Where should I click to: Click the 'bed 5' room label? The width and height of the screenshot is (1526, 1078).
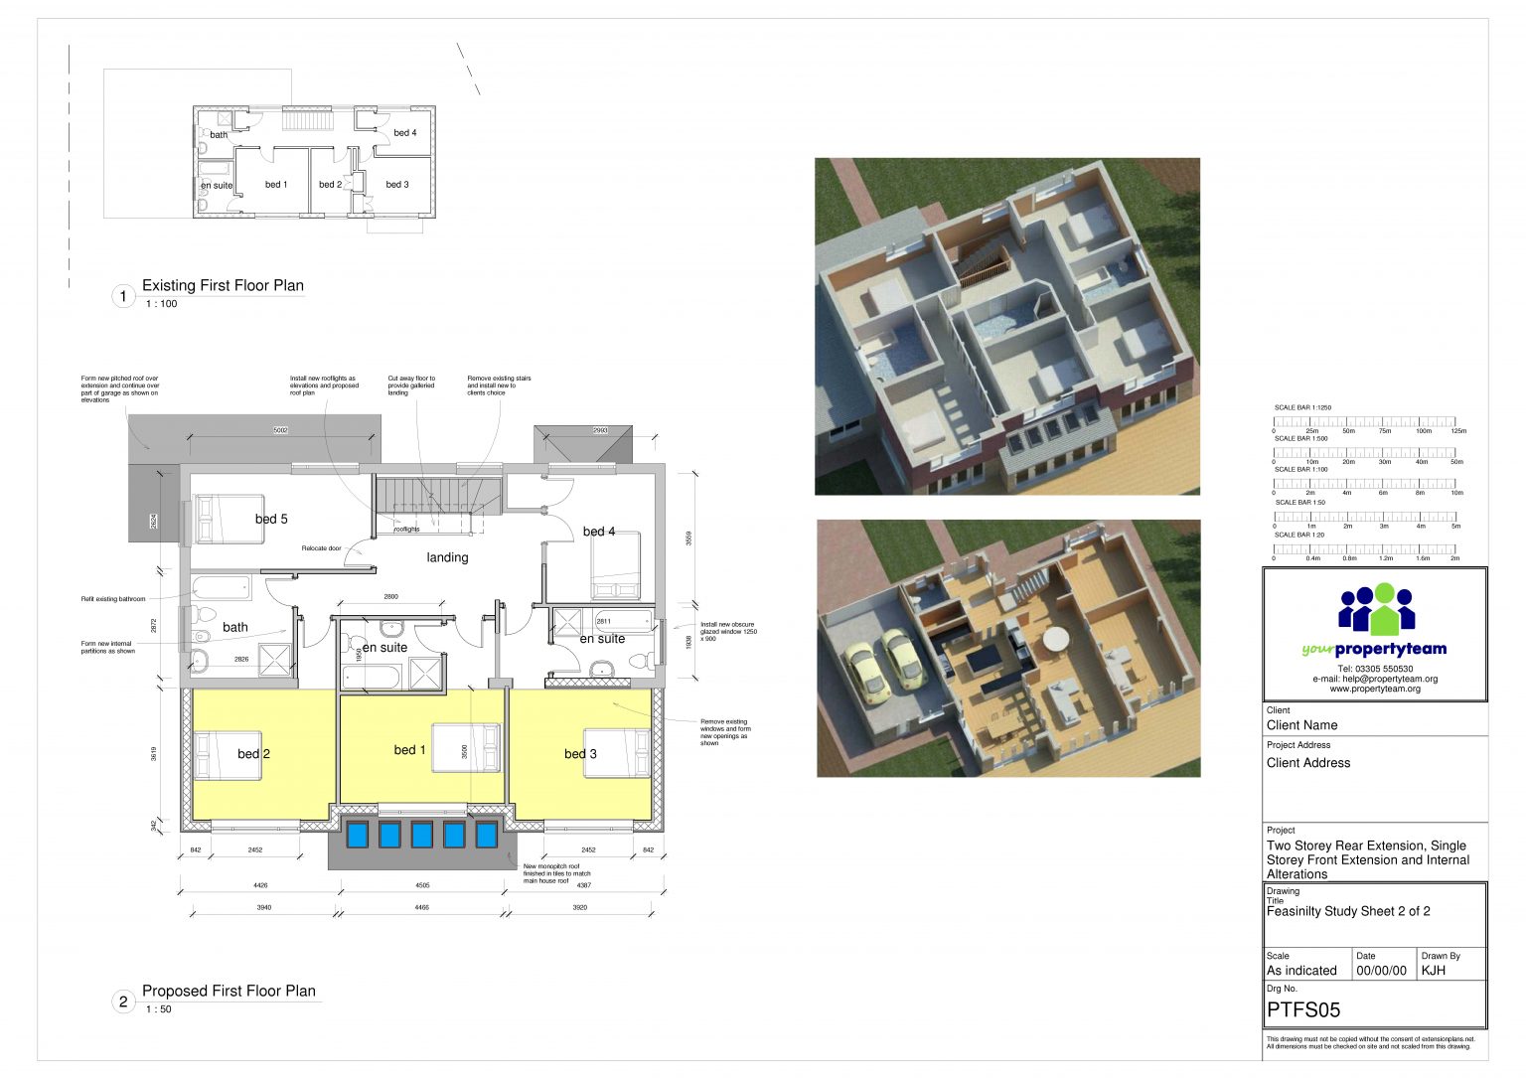coord(271,519)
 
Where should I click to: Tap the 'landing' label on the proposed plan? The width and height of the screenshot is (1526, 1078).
coord(447,557)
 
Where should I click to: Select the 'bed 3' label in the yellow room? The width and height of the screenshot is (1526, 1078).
coord(580,754)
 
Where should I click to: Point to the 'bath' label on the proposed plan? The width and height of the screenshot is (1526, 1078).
coord(235,627)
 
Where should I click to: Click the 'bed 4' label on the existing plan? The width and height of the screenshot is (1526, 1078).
coord(404,133)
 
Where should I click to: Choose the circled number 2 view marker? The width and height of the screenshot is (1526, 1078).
coord(123,1001)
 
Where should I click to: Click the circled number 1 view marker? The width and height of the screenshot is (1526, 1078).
coord(123,296)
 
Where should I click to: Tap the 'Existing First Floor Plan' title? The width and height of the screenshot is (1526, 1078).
coord(223,286)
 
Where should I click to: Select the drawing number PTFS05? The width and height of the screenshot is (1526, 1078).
coord(1303,1010)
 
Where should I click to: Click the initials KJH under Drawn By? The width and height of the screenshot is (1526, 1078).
coord(1434,971)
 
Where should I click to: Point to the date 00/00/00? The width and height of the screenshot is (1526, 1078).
coord(1381,971)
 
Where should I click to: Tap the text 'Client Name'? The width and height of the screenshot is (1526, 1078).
coord(1301,725)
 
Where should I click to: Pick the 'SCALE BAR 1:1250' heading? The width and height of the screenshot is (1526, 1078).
coord(1302,407)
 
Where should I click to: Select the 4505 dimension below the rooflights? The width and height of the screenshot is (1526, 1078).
coord(422,885)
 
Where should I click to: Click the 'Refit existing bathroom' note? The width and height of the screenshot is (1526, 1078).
coord(113,599)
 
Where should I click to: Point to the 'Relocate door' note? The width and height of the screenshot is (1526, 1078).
coord(321,548)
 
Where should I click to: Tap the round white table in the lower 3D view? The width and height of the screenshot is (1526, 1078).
coord(1056,639)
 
